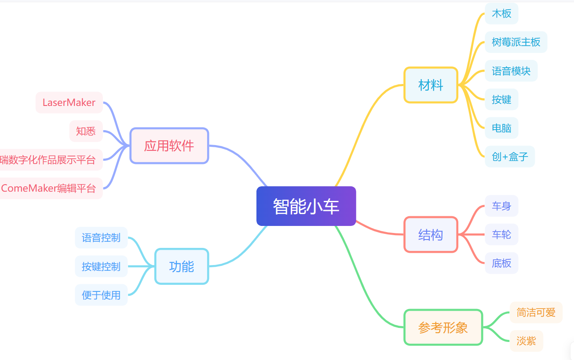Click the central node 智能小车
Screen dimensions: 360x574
point(306,206)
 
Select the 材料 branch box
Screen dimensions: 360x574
point(431,85)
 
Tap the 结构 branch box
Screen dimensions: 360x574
point(431,235)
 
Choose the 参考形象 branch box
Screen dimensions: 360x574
point(443,327)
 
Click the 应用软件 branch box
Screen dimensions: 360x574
point(169,146)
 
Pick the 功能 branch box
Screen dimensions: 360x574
point(181,266)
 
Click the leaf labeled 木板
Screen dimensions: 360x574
point(501,14)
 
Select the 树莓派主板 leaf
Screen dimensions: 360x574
point(516,42)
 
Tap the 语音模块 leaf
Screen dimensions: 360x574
point(511,71)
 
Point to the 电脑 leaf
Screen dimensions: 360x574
point(501,128)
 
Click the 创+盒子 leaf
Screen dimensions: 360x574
point(510,156)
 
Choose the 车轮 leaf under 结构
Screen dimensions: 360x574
point(501,235)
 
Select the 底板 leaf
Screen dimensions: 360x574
point(501,263)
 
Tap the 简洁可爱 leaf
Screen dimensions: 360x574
point(536,313)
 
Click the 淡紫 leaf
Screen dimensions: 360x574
point(526,341)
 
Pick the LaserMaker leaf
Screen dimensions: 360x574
point(69,102)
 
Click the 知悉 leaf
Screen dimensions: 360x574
point(86,131)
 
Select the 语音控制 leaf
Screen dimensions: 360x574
point(101,238)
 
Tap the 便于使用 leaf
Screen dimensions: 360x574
point(101,295)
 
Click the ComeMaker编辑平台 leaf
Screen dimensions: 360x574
point(48,189)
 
